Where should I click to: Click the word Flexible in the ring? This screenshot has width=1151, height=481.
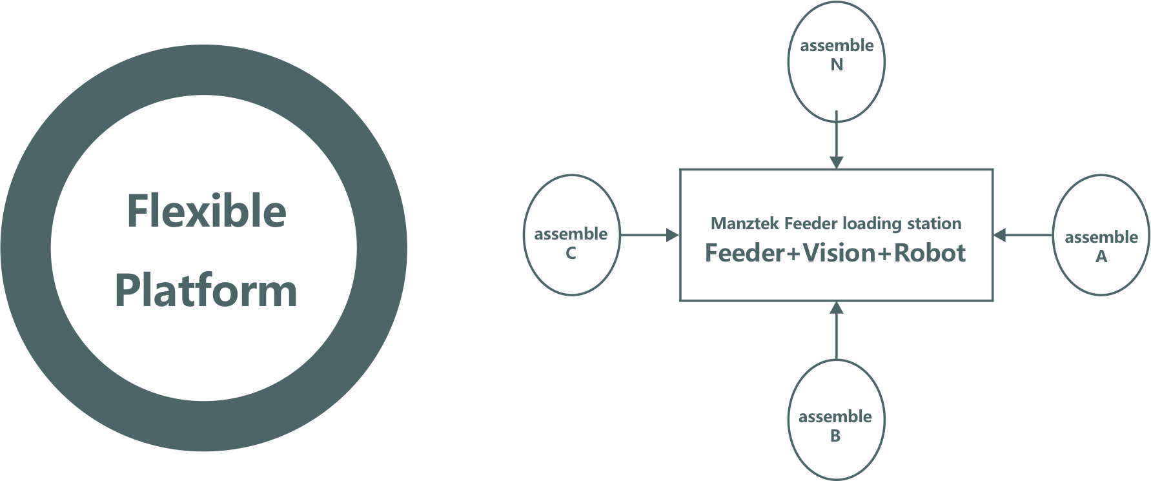click(x=206, y=211)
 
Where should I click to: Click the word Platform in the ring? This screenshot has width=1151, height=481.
click(x=206, y=291)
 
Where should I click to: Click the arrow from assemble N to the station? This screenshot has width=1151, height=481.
click(x=836, y=139)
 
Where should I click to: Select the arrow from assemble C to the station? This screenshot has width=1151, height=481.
click(x=649, y=236)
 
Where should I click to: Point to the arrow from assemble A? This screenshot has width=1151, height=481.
click(x=1023, y=236)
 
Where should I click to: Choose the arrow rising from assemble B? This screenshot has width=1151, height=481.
click(x=836, y=331)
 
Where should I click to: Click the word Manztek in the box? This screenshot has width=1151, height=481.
click(x=746, y=224)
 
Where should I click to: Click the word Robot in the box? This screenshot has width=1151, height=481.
click(x=930, y=252)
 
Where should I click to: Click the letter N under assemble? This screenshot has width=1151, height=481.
click(x=837, y=65)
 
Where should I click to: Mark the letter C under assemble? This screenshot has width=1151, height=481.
click(x=571, y=254)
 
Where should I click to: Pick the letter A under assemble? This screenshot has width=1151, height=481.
click(x=1101, y=257)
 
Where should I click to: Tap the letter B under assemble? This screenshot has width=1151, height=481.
click(x=835, y=436)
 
